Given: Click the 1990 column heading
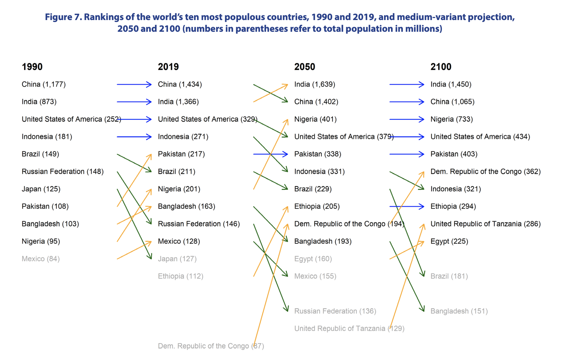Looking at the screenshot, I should click(x=32, y=67).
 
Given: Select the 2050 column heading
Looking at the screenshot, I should click(x=304, y=67).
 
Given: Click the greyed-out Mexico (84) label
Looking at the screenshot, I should click(x=40, y=259).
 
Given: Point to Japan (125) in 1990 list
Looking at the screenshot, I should click(x=41, y=189).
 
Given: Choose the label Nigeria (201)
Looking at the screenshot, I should click(x=179, y=189).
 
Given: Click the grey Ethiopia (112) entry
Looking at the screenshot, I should click(x=180, y=276).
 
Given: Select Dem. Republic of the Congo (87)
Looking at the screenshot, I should click(x=211, y=346).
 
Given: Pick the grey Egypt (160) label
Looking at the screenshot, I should click(x=313, y=259).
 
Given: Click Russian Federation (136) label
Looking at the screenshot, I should click(x=335, y=311).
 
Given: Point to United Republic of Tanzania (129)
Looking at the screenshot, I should click(x=349, y=329).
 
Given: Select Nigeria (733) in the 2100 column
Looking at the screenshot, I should click(x=451, y=119).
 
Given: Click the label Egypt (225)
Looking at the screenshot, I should click(x=449, y=241).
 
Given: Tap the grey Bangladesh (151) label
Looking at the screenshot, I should click(x=459, y=311).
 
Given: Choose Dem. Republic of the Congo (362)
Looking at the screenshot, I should click(x=485, y=171).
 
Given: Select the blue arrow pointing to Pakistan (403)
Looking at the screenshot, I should click(x=406, y=154).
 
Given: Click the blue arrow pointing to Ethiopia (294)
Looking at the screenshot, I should click(x=406, y=207).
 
